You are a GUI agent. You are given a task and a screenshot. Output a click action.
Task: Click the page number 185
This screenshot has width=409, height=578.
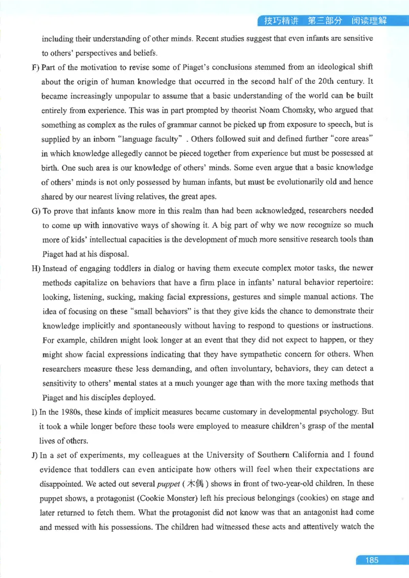372,560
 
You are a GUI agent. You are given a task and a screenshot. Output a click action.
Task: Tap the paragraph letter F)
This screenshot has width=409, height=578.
35,68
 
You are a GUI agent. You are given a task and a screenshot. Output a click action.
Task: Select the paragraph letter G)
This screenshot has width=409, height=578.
36,210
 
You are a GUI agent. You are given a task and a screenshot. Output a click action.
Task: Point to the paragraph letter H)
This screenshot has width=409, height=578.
36,268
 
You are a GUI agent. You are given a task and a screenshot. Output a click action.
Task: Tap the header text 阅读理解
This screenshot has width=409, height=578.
369,21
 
